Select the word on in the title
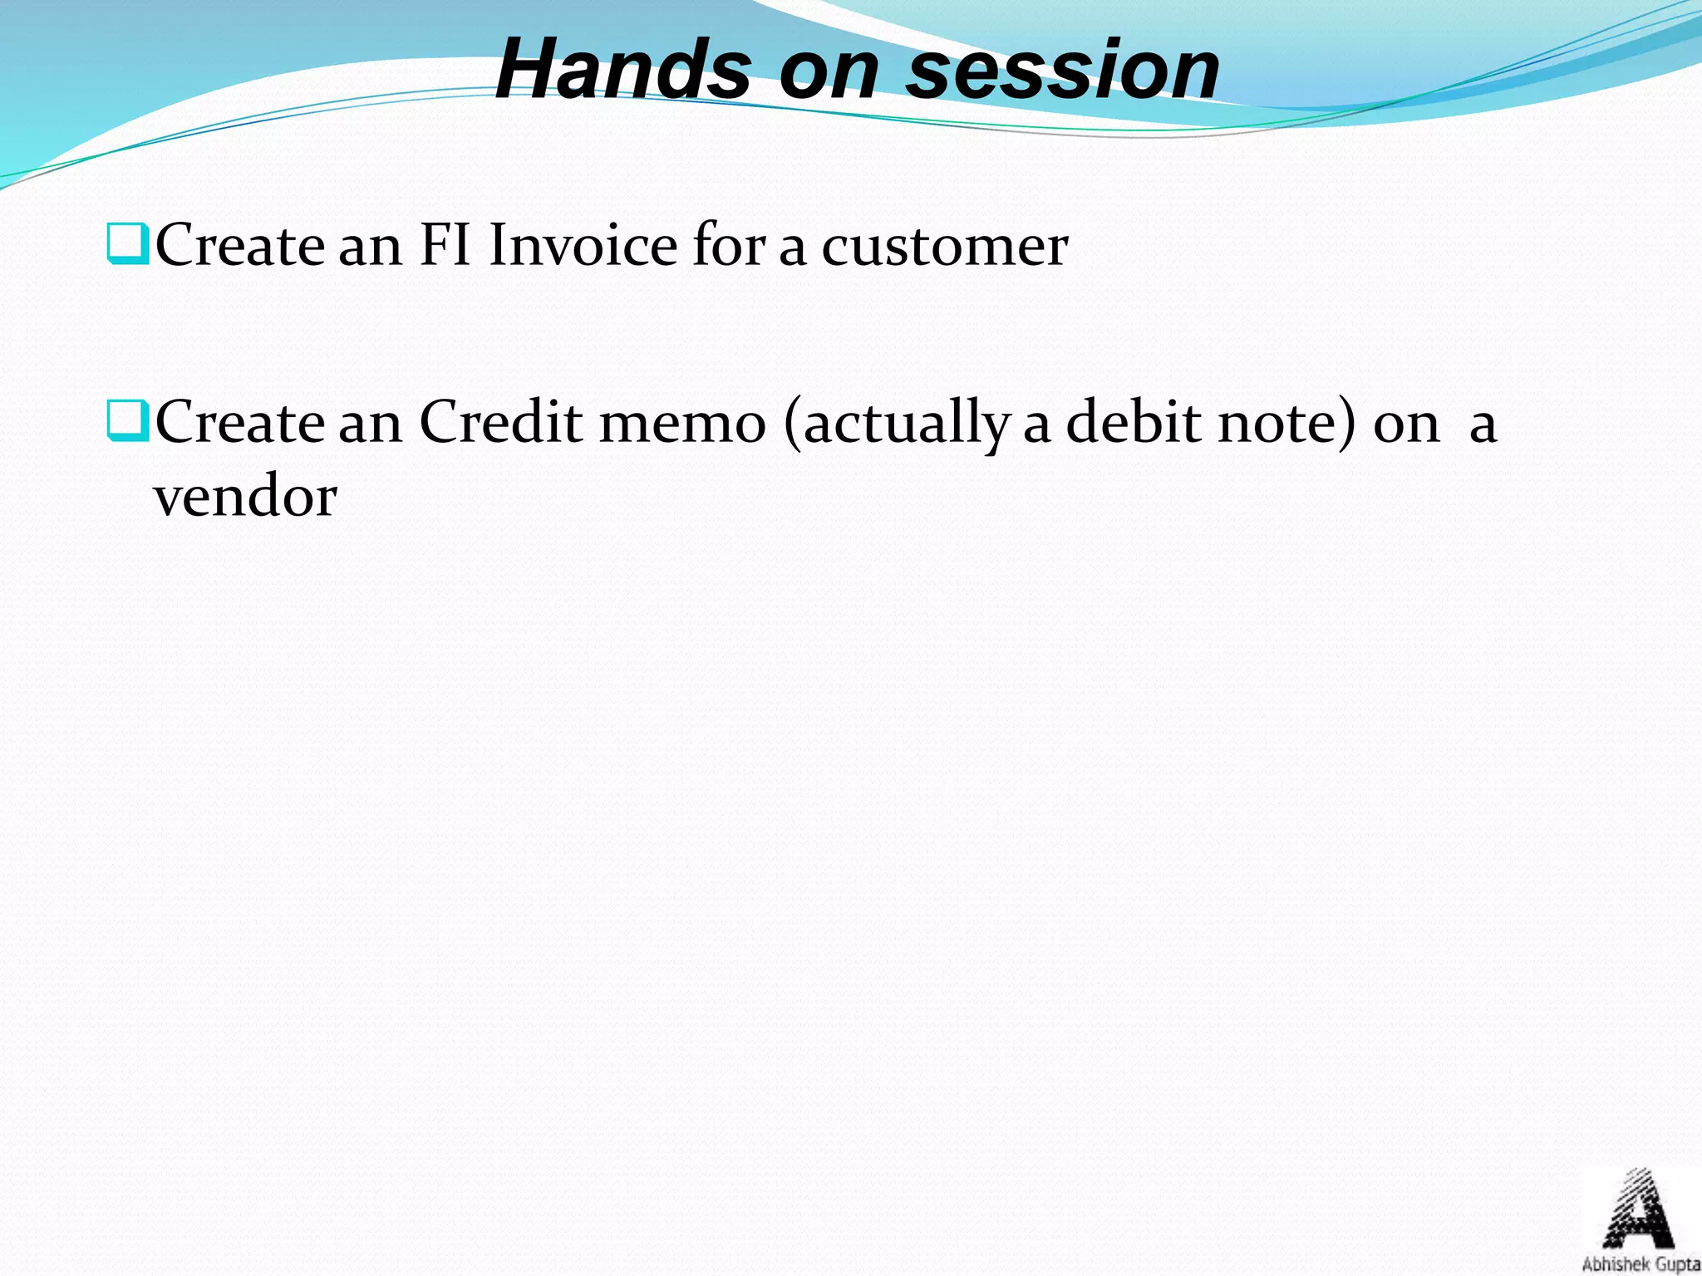pos(829,70)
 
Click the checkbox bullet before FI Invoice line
pos(127,243)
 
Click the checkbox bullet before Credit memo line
pos(127,420)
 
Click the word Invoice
pos(583,246)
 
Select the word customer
pos(944,248)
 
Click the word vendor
pos(245,498)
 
